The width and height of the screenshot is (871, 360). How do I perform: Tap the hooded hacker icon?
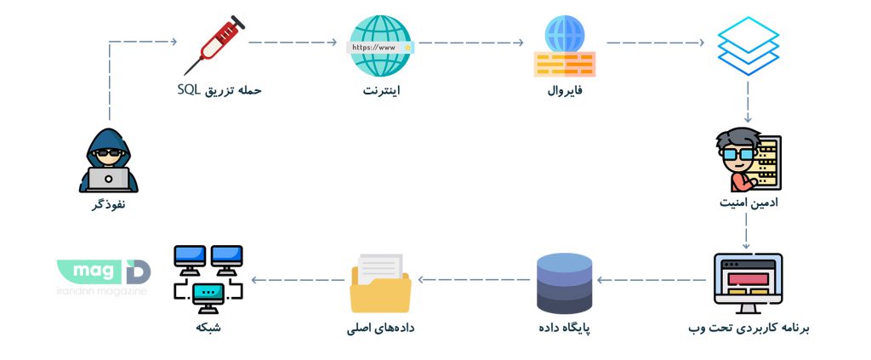coord(108,160)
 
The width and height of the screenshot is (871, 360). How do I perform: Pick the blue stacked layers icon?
coord(748,47)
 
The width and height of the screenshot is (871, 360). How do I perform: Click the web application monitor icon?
coord(748,283)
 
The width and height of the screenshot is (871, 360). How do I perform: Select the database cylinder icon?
coord(565,283)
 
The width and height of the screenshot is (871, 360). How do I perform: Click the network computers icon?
coord(208,277)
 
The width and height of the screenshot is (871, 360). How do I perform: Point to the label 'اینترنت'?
coord(379,89)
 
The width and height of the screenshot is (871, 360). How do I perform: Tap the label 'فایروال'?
coord(564,89)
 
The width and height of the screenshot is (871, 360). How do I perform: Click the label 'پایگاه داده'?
coord(564,328)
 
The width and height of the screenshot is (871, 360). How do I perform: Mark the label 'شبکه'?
coord(208,328)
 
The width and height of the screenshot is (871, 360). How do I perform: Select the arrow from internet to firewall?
coord(471,41)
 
